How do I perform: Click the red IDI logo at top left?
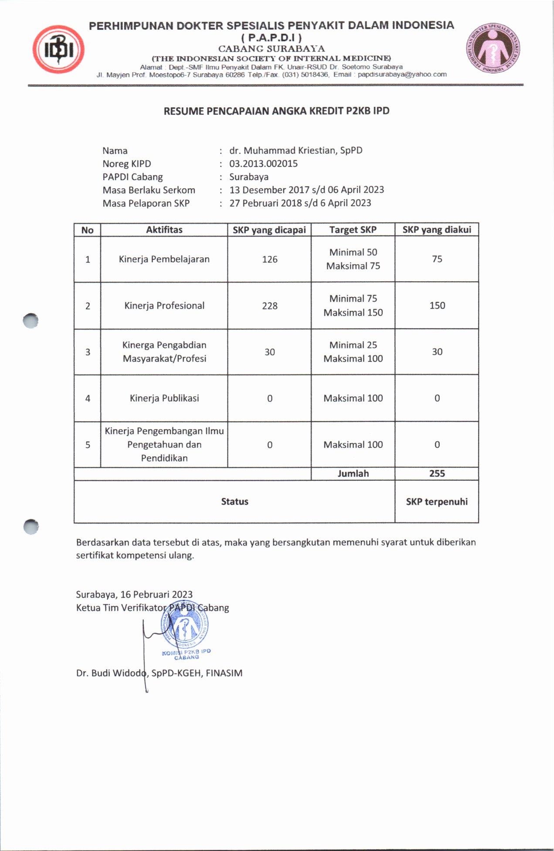click(58, 49)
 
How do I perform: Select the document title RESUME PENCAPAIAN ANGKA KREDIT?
click(276, 111)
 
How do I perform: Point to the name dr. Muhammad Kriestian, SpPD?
click(296, 150)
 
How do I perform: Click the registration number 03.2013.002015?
click(263, 163)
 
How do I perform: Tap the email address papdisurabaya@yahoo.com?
click(402, 75)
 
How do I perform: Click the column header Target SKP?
click(353, 230)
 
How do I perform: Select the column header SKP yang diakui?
click(436, 230)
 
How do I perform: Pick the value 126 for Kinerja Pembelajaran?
click(269, 259)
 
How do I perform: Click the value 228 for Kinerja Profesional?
click(269, 306)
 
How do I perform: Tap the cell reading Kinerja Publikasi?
click(164, 398)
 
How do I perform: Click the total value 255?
click(437, 473)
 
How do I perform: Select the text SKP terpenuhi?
click(437, 501)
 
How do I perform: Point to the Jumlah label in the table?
click(353, 473)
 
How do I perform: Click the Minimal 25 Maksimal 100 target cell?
click(353, 352)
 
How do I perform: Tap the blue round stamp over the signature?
click(184, 626)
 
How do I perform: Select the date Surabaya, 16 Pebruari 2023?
click(134, 594)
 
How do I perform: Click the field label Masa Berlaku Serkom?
click(149, 190)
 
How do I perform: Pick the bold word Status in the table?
click(235, 501)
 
